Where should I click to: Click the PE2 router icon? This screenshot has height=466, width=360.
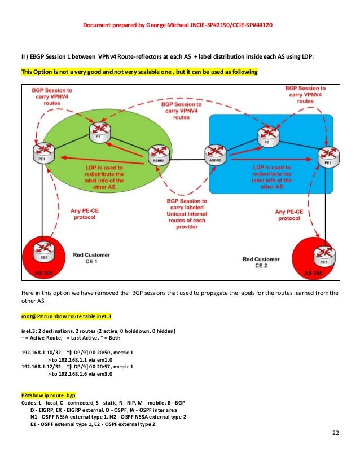328,153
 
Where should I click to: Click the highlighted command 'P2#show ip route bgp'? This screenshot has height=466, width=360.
48,395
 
